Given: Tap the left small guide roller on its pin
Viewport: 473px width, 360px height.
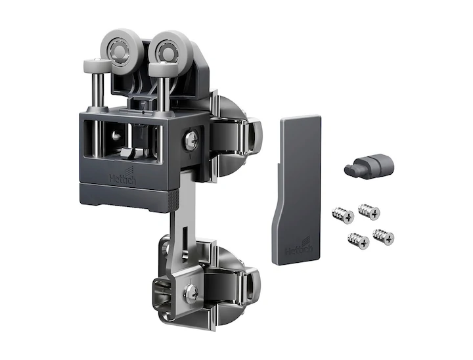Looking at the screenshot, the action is point(97,65).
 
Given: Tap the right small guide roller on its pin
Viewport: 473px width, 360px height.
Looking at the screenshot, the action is point(163,68).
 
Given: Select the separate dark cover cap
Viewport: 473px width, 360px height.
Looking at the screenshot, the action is point(298,190).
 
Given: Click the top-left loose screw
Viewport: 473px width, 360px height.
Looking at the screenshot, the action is point(344,215).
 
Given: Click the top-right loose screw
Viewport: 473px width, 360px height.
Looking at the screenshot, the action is point(369,211).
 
